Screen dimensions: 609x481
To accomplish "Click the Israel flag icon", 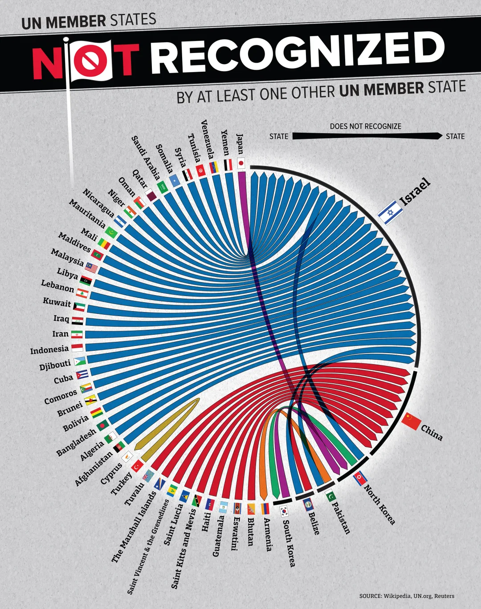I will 391,211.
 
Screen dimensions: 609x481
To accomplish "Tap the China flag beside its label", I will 411,421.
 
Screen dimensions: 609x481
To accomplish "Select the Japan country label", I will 240,144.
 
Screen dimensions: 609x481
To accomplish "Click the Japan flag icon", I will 241,163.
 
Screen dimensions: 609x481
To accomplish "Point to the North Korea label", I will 379,504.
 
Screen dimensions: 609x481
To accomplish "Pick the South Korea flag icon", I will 284,511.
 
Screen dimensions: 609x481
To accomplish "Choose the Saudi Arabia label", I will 146,158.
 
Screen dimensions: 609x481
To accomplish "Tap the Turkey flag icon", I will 136,465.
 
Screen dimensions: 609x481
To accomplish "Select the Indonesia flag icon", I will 77,347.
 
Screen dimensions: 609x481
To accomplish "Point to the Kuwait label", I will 57,302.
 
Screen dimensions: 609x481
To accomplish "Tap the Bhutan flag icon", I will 251,508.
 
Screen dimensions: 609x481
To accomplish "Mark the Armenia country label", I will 268,534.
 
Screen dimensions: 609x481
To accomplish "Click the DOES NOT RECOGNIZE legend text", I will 365,126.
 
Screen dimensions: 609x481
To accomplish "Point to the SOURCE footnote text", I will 407,596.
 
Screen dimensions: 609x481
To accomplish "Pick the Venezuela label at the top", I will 208,139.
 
